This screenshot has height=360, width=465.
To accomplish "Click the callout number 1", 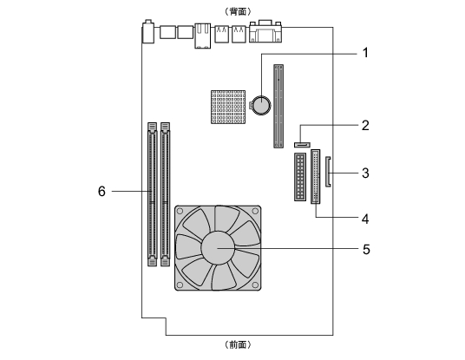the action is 365,53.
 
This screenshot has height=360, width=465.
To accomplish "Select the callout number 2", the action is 365,126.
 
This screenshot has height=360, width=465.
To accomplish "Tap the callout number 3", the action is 365,173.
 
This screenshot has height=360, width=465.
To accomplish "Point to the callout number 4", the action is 365,219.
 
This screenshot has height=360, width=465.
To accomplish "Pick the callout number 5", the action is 366,249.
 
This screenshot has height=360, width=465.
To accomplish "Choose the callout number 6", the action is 102,191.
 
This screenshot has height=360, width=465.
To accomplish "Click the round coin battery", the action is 261,105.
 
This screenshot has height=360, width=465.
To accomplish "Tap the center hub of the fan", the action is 218,248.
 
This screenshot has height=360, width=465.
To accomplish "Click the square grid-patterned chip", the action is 228,107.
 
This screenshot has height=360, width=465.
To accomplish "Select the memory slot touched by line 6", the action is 152,194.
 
